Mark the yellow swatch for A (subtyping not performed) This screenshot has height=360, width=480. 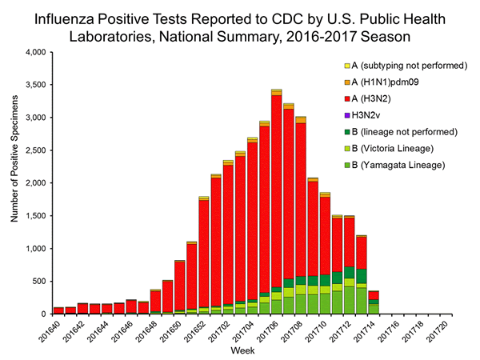348,66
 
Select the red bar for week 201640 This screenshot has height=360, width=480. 58,310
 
